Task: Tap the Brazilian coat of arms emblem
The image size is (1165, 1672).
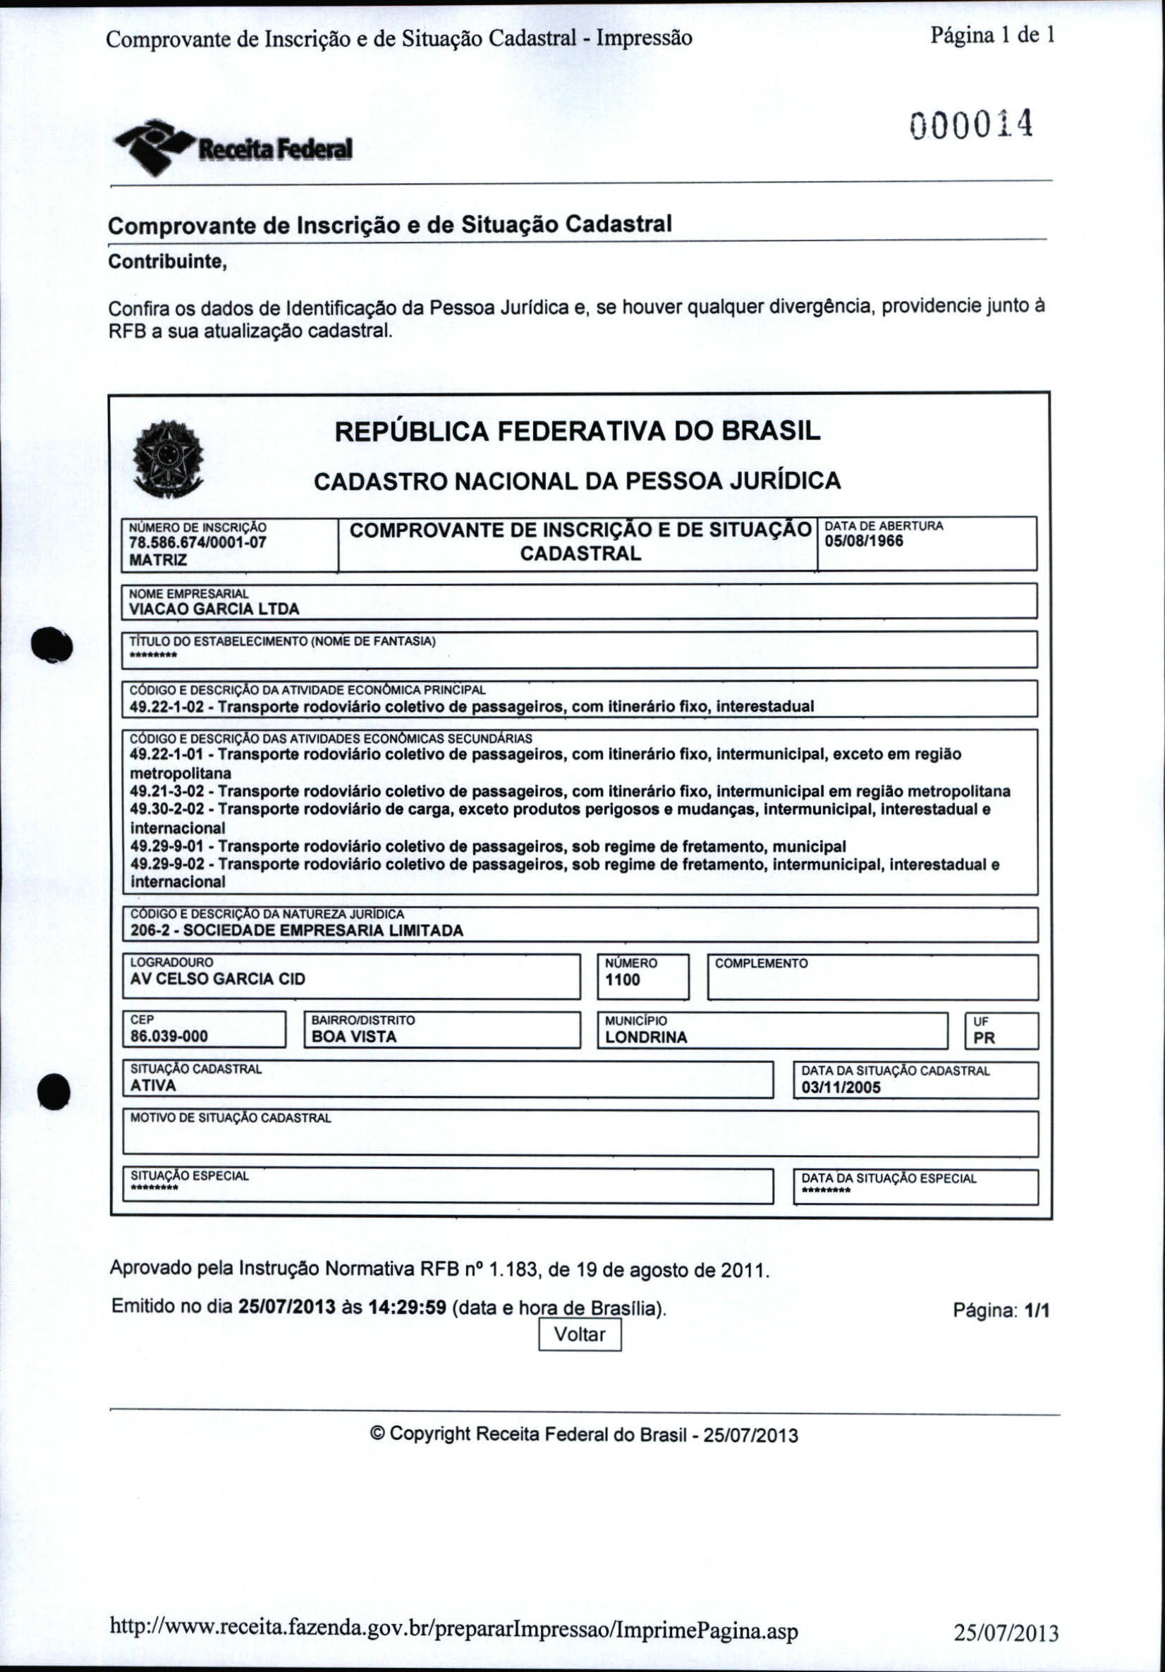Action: (169, 460)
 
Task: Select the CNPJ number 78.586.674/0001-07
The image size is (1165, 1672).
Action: (197, 542)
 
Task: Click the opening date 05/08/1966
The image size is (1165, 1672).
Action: (864, 541)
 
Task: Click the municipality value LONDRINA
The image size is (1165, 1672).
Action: (646, 1037)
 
